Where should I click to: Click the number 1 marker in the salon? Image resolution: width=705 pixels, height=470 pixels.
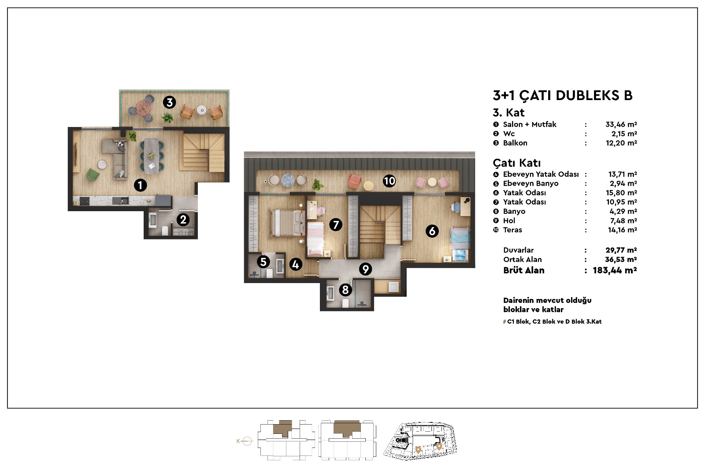pyautogui.click(x=141, y=185)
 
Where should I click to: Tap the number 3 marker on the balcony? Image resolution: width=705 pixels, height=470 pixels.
pyautogui.click(x=169, y=102)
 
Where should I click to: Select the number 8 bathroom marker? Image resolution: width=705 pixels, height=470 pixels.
pyautogui.click(x=345, y=290)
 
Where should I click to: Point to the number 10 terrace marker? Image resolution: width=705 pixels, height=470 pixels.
pyautogui.click(x=390, y=181)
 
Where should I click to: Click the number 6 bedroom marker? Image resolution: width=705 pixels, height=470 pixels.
pyautogui.click(x=432, y=231)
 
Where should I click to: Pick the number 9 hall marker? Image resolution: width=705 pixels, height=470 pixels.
pyautogui.click(x=365, y=269)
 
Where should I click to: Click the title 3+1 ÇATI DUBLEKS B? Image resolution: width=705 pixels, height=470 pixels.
pyautogui.click(x=562, y=95)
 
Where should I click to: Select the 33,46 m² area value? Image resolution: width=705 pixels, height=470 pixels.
pyautogui.click(x=621, y=124)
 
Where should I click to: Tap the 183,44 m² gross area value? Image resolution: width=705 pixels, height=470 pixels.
pyautogui.click(x=615, y=271)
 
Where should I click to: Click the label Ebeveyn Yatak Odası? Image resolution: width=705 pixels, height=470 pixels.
pyautogui.click(x=541, y=174)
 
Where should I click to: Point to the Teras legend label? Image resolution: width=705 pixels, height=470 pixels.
pyautogui.click(x=512, y=230)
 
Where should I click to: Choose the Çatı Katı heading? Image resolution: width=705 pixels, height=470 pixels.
pyautogui.click(x=517, y=163)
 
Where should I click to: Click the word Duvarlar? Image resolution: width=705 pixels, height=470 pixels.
pyautogui.click(x=518, y=250)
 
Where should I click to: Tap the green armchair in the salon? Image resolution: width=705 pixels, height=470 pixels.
pyautogui.click(x=93, y=175)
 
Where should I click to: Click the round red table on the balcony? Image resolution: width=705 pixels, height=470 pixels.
pyautogui.click(x=144, y=108)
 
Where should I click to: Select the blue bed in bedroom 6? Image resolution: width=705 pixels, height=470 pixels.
pyautogui.click(x=460, y=243)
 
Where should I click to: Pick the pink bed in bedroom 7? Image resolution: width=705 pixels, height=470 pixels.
pyautogui.click(x=315, y=239)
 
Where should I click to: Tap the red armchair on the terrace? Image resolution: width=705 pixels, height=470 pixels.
pyautogui.click(x=355, y=182)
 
